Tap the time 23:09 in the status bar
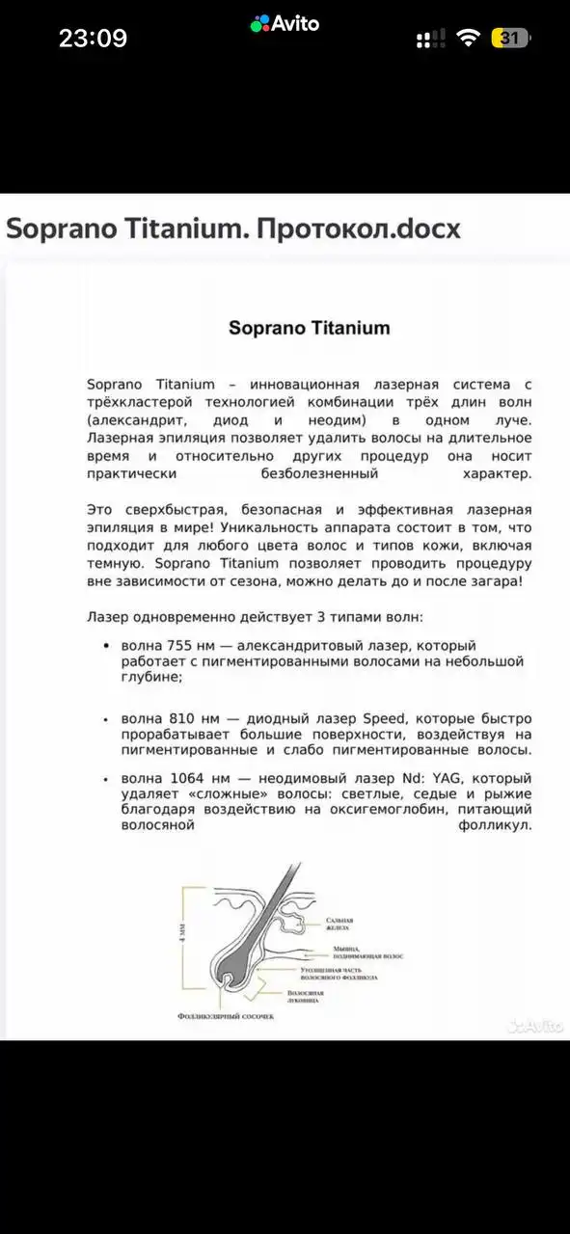point(93,38)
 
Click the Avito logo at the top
point(285,24)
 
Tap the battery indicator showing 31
point(510,39)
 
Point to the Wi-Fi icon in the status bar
point(469,38)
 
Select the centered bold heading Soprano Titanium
point(309,327)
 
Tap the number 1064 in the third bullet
point(198,778)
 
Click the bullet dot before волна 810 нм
point(105,719)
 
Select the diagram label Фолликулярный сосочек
point(226,1016)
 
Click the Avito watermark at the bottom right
point(535,1026)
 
